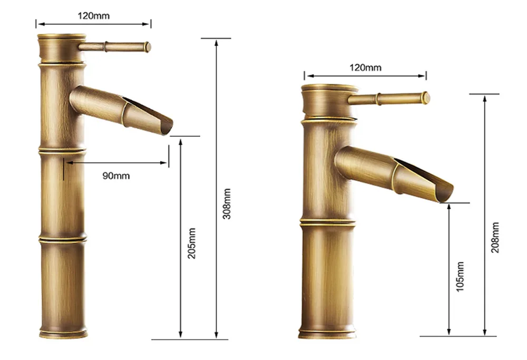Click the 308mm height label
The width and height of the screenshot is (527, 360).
point(227,204)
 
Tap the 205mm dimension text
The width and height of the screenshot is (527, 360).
point(192,244)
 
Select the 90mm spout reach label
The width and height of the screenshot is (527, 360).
point(116,176)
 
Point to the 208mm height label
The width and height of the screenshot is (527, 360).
point(495,238)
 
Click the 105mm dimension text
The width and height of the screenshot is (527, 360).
point(460,277)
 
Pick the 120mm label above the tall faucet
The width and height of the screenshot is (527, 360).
point(93,16)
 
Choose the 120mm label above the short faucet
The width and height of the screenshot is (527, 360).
point(365,67)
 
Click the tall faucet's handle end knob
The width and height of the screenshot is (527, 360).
point(148,47)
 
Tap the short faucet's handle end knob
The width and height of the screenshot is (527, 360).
point(426,98)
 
